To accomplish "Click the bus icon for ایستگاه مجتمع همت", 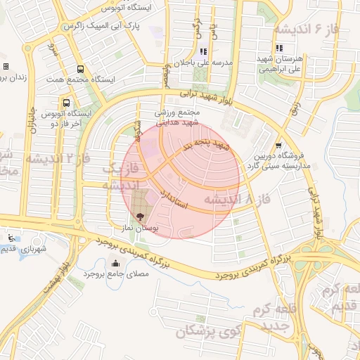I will [x=80, y=70].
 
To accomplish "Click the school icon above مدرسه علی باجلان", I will [x=204, y=51].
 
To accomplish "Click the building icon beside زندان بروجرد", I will [x=6, y=66].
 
